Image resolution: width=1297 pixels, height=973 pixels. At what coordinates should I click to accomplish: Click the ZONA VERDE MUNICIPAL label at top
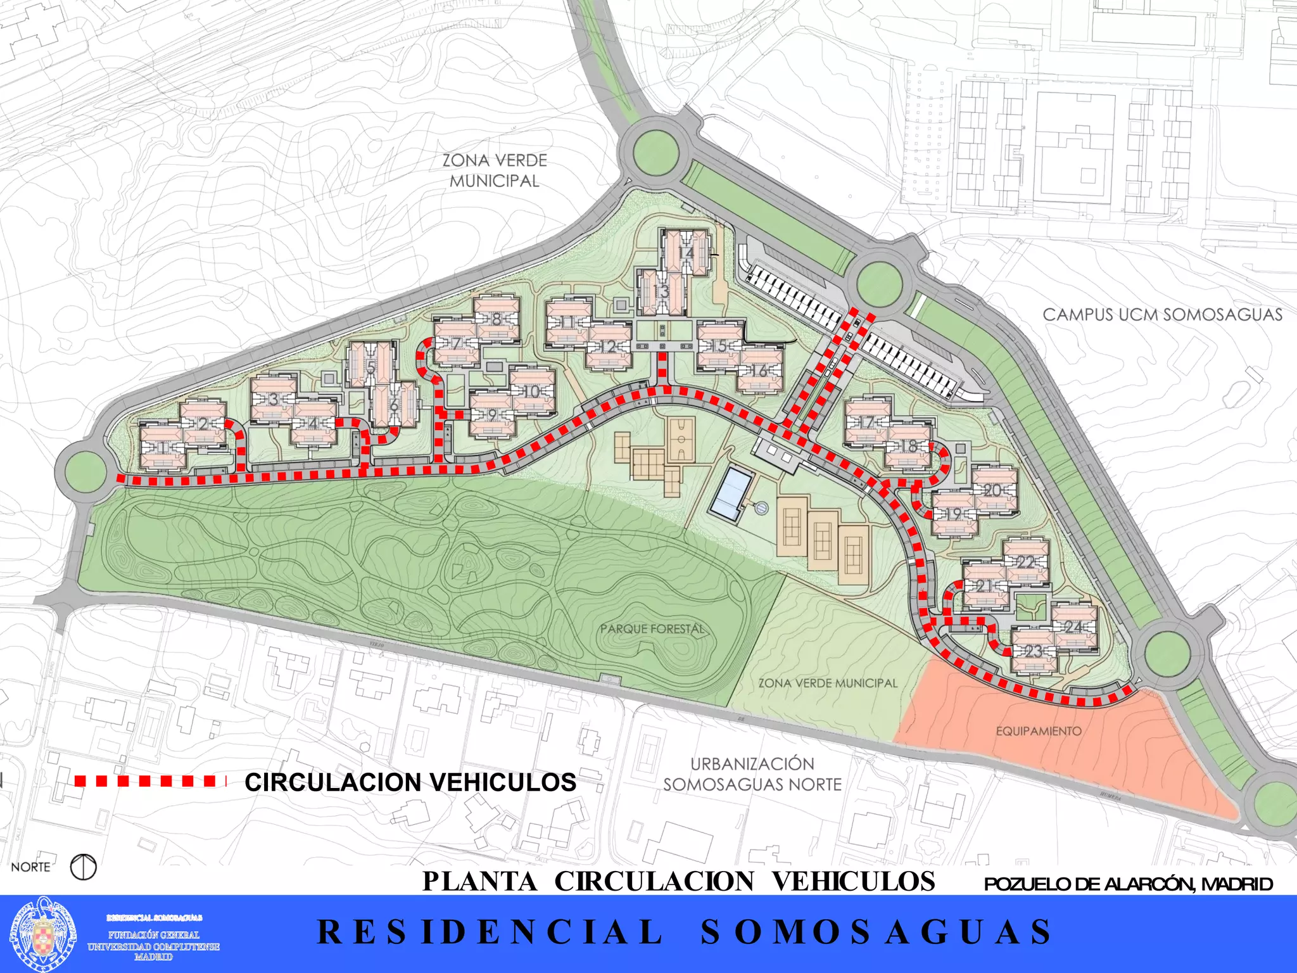coord(494,170)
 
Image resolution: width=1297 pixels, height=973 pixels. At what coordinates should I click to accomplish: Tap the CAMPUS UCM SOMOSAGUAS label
coord(1162,315)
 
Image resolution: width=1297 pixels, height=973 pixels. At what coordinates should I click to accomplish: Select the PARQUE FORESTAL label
coord(652,629)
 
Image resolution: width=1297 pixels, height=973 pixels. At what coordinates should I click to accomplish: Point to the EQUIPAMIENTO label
coord(1039,731)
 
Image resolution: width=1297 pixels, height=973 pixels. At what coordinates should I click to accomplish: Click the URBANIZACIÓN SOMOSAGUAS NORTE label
coord(752,774)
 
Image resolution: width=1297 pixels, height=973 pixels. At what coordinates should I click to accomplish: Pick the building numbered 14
coord(686,253)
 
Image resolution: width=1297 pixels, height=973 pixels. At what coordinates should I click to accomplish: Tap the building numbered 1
coord(162,448)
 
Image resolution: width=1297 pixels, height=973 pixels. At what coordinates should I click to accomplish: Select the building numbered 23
coord(1034,651)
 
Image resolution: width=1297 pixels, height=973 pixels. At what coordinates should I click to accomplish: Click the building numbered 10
coord(532,391)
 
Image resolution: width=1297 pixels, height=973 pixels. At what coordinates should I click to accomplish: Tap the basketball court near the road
coord(681,438)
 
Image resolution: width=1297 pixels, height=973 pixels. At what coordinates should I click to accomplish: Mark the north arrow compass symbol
coord(83,867)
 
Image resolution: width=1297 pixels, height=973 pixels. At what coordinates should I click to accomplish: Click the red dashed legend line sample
coord(150,781)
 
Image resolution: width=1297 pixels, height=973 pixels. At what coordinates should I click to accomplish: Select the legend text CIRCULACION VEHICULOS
coord(410,782)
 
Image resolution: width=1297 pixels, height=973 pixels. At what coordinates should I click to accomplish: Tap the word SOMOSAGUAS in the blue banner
coord(876,932)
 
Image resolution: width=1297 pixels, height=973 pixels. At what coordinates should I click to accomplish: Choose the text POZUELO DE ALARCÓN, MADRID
coord(1128,884)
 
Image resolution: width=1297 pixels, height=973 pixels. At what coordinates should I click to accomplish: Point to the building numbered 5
coord(370,366)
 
